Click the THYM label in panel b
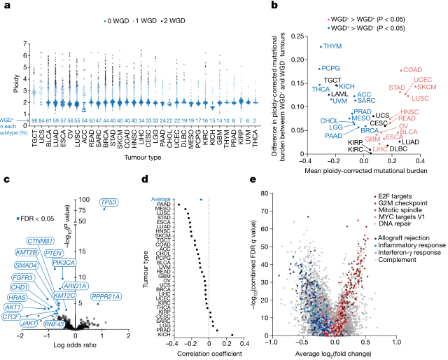pyautogui.click(x=332, y=47)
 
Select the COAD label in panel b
pyautogui.click(x=413, y=69)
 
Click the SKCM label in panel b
pyautogui.click(x=426, y=87)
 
